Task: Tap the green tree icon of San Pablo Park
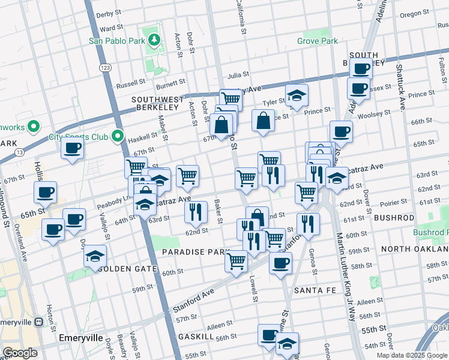click(154, 40)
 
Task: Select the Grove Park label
click(318, 41)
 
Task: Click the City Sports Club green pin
click(118, 137)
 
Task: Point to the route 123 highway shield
click(104, 68)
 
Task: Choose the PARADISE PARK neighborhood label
click(196, 253)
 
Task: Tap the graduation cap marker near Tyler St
click(297, 95)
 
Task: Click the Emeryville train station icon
click(38, 322)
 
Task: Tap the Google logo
click(20, 352)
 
